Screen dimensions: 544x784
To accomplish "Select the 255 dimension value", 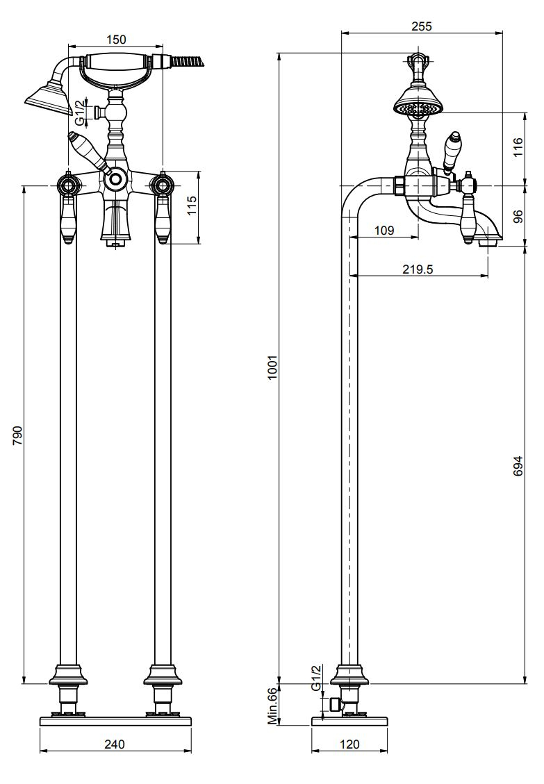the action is click(x=422, y=26).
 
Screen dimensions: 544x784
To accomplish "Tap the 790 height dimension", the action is click(x=17, y=435).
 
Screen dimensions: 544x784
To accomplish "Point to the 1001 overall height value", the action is click(x=272, y=367).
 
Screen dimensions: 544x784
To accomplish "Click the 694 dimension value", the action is click(x=518, y=465).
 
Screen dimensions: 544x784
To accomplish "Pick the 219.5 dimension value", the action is click(x=418, y=269).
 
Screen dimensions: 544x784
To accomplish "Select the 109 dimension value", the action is click(x=384, y=230).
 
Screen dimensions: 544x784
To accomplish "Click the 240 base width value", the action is click(x=115, y=744).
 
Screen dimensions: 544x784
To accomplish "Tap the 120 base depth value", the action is click(x=349, y=744).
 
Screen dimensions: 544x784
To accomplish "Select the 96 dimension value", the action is click(x=518, y=216).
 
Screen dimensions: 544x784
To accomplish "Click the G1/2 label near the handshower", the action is click(x=80, y=113).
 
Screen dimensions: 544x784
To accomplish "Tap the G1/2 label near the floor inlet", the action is click(x=316, y=678).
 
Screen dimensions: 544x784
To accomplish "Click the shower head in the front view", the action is click(x=47, y=99).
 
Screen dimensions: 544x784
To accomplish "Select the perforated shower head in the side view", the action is click(x=418, y=103).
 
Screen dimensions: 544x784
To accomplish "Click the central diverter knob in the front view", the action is click(x=116, y=179).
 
